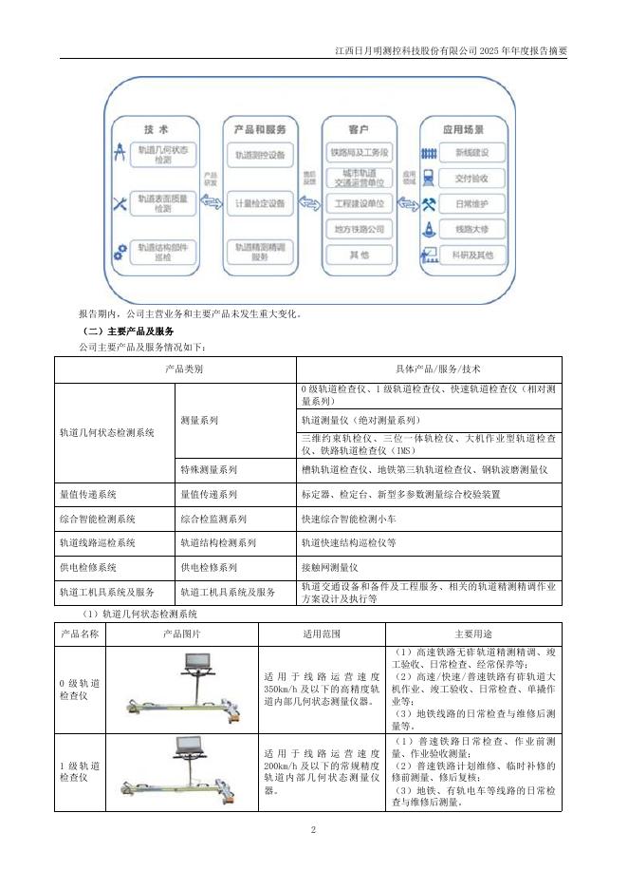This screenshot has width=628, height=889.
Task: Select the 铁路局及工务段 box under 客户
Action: [x=359, y=153]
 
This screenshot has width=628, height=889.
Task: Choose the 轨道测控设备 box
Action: [x=260, y=155]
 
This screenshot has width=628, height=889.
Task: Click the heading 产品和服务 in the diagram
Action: [x=260, y=128]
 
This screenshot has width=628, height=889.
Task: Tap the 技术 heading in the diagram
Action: [x=156, y=128]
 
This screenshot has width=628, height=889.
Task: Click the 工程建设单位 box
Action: [x=359, y=204]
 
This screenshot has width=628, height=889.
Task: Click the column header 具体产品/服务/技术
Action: [x=429, y=368]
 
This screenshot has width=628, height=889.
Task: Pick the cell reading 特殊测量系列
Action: [x=209, y=469]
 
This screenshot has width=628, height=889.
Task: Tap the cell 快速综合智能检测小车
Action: [x=347, y=520]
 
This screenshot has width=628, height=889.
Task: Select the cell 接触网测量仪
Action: [x=328, y=567]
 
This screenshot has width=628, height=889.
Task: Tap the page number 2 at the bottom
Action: [x=313, y=829]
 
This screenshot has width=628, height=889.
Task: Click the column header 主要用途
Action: [x=475, y=633]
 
